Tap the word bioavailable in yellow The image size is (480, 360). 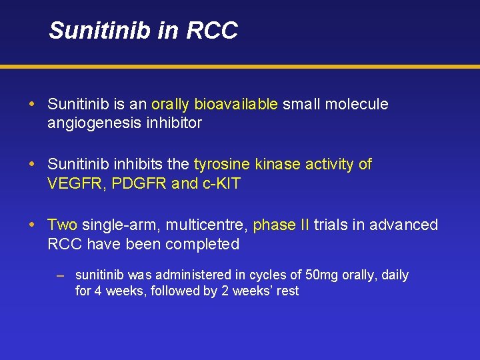point(236,105)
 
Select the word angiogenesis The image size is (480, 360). point(93,123)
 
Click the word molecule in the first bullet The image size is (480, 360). point(358,105)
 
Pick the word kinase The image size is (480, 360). point(279,165)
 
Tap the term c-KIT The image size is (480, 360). point(221,184)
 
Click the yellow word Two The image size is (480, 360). point(63,225)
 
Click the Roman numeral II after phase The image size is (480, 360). point(303,225)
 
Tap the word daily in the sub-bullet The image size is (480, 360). point(395,275)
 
